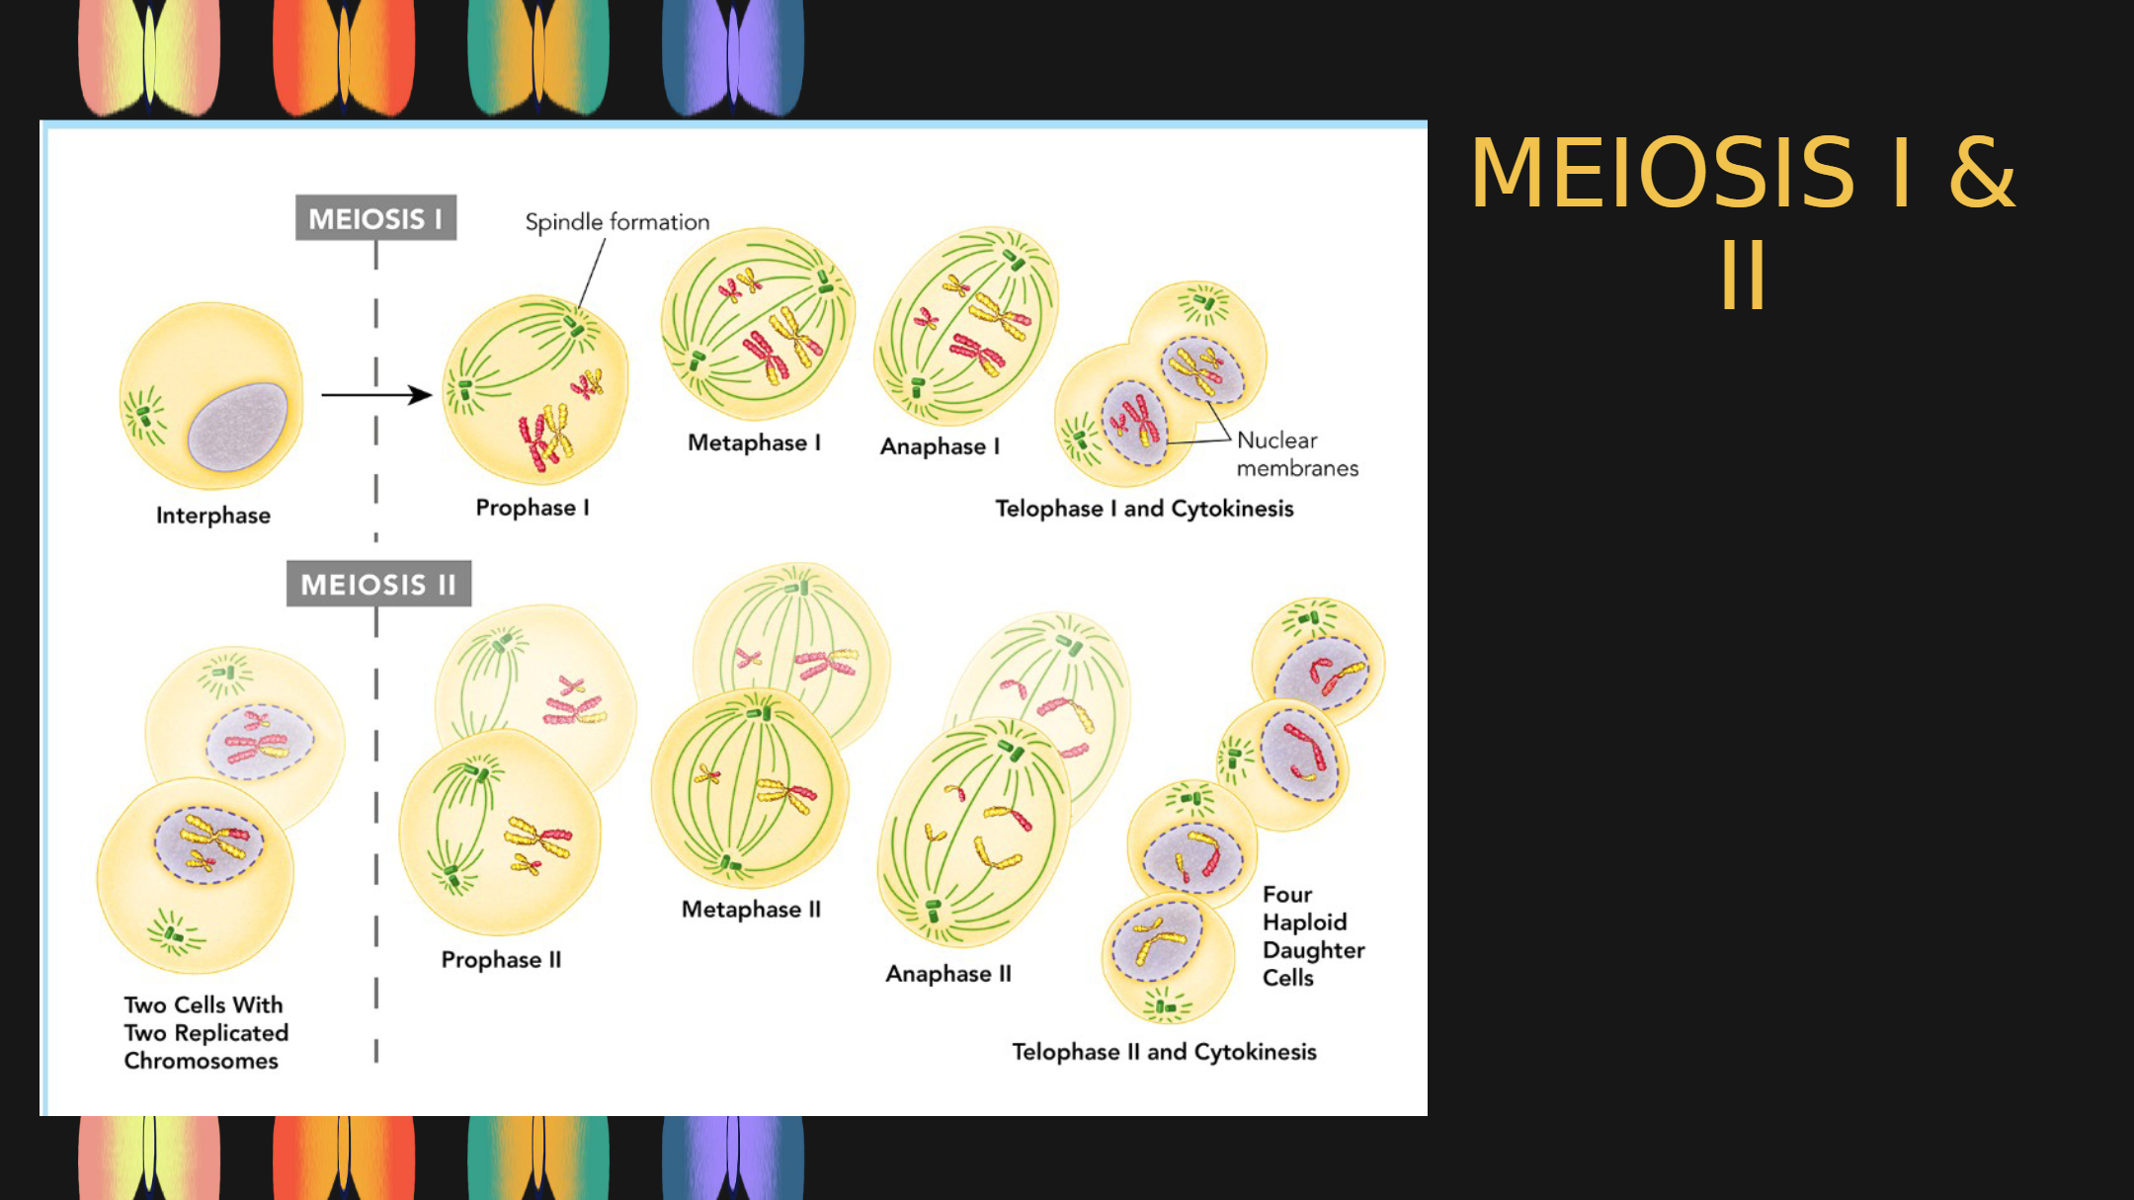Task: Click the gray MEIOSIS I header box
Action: pyautogui.click(x=375, y=217)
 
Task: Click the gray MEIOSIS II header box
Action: pyautogui.click(x=378, y=584)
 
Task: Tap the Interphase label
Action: pyautogui.click(x=213, y=516)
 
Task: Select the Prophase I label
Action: pyautogui.click(x=533, y=508)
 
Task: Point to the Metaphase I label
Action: pyautogui.click(x=754, y=442)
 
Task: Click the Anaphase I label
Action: pyautogui.click(x=940, y=446)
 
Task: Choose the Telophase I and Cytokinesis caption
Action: pyautogui.click(x=1144, y=509)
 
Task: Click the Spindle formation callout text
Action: pyautogui.click(x=617, y=222)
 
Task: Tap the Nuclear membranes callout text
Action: pyautogui.click(x=1297, y=454)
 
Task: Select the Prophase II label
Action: pyautogui.click(x=501, y=960)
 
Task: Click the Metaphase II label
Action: pyautogui.click(x=751, y=910)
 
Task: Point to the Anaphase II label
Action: pyautogui.click(x=948, y=974)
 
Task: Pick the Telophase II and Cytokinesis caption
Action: pyautogui.click(x=1164, y=1052)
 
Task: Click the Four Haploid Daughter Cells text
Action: pyautogui.click(x=1313, y=936)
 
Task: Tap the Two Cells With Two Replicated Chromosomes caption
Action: pyautogui.click(x=205, y=1033)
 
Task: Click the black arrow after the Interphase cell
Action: pyautogui.click(x=376, y=395)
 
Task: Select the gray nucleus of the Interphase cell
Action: pyautogui.click(x=237, y=427)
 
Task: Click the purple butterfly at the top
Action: pyautogui.click(x=733, y=56)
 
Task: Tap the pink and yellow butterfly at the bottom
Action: pyautogui.click(x=149, y=1158)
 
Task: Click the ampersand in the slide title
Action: pyautogui.click(x=1981, y=173)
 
